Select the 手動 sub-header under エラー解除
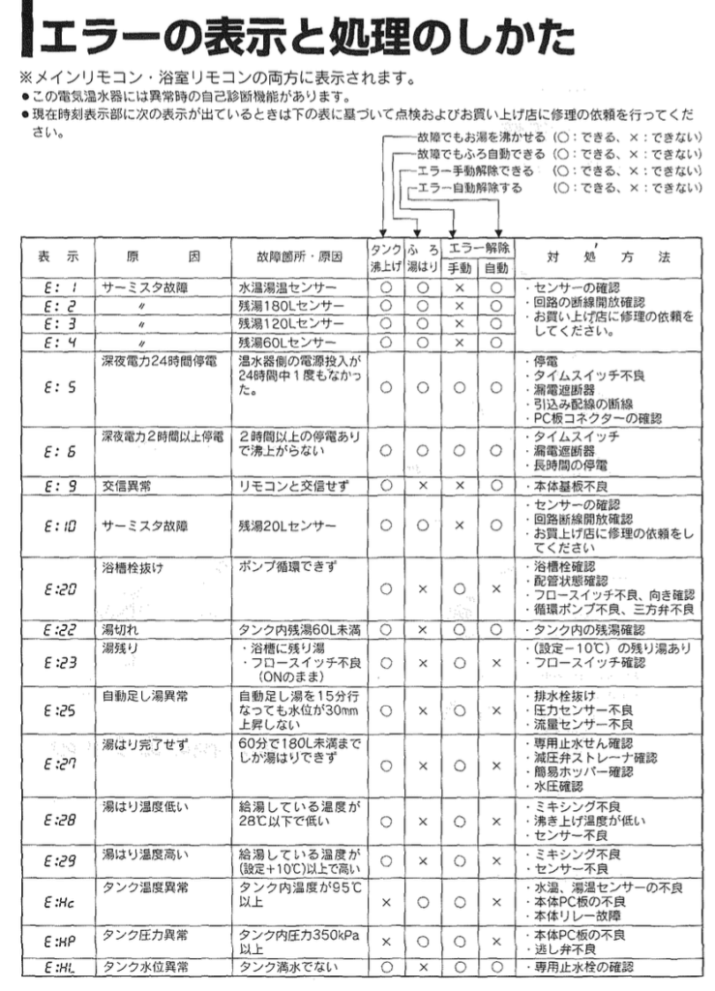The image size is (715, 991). (460, 266)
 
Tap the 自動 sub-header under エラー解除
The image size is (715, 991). (495, 266)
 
